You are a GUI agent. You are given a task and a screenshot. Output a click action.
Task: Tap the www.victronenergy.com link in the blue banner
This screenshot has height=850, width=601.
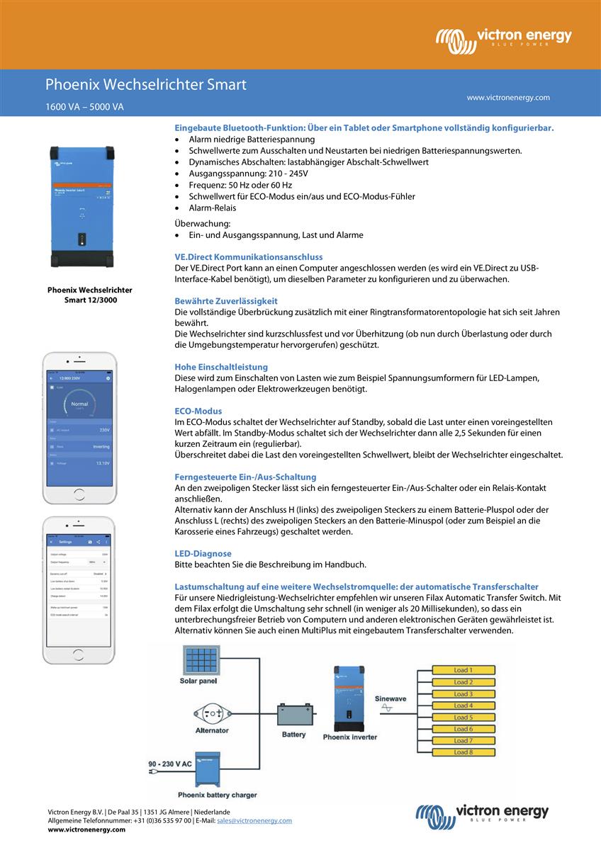(507, 98)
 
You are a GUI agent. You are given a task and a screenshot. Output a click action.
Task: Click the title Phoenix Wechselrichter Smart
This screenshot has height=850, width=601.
(146, 85)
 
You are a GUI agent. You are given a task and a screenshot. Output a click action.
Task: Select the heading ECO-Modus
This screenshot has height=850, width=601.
(198, 411)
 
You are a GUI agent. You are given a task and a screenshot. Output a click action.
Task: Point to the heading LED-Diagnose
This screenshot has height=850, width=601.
(203, 553)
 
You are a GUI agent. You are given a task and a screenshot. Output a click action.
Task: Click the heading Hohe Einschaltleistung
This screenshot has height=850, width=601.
(221, 367)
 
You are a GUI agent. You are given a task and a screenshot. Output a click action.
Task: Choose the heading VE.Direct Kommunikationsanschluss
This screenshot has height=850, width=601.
(249, 256)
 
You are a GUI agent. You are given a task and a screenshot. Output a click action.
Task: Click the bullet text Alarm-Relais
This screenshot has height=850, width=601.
(213, 208)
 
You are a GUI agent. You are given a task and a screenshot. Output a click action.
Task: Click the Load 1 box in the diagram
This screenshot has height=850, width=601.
(463, 670)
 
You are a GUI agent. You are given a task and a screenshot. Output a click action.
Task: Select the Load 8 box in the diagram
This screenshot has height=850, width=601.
(463, 752)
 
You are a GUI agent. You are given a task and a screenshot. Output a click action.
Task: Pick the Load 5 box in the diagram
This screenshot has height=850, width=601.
(463, 718)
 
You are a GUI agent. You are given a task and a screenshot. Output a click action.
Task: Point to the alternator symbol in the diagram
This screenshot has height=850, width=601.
(211, 713)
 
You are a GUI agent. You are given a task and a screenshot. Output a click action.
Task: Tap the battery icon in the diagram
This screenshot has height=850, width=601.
(293, 715)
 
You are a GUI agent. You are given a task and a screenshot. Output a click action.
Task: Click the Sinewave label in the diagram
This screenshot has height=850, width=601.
(391, 698)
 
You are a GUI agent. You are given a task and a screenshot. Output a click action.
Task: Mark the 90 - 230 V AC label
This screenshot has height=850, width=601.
(170, 764)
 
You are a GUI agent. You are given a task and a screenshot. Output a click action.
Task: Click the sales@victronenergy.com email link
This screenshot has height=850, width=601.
(254, 820)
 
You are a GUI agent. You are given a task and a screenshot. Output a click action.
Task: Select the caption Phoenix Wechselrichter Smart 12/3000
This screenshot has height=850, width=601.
(89, 295)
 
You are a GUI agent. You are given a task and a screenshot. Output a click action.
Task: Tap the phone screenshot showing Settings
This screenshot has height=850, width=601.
(79, 581)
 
